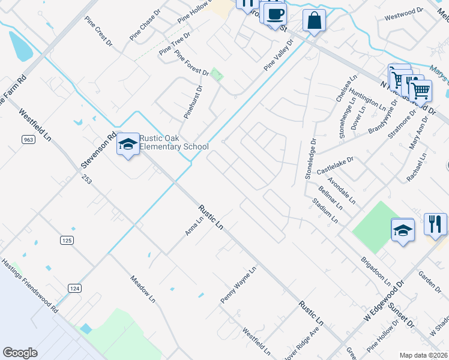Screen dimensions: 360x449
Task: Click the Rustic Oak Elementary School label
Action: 174,142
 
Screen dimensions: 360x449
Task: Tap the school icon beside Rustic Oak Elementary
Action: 128,144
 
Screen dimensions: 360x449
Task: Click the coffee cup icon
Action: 276,14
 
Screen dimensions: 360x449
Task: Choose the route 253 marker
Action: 88,179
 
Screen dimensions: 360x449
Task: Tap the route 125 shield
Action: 67,240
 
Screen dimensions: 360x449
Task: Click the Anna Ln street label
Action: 195,227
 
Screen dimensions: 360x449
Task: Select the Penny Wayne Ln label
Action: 238,284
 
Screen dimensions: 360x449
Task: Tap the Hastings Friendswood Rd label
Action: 29,287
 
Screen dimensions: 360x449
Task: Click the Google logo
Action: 20,353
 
